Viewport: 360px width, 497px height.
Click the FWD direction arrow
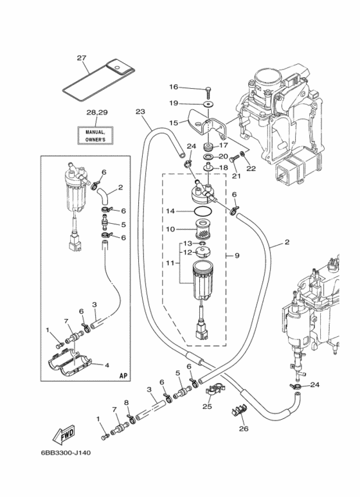click(63, 435)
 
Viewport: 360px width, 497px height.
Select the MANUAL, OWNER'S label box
click(95, 136)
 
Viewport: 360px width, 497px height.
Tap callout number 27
click(82, 58)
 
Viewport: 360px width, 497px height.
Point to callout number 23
click(140, 112)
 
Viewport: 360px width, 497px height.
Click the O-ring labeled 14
click(203, 210)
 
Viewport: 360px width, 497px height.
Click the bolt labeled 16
click(208, 91)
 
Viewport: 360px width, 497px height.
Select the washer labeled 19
click(208, 104)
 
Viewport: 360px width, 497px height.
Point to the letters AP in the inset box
click(123, 375)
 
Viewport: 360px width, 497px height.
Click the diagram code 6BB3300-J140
click(66, 453)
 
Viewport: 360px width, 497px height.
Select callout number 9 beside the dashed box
click(237, 255)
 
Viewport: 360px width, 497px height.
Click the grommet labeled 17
click(208, 147)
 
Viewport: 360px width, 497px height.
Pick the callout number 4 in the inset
click(107, 365)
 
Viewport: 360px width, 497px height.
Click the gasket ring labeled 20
click(208, 157)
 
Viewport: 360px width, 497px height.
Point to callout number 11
click(170, 263)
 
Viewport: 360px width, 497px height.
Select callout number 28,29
click(97, 113)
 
